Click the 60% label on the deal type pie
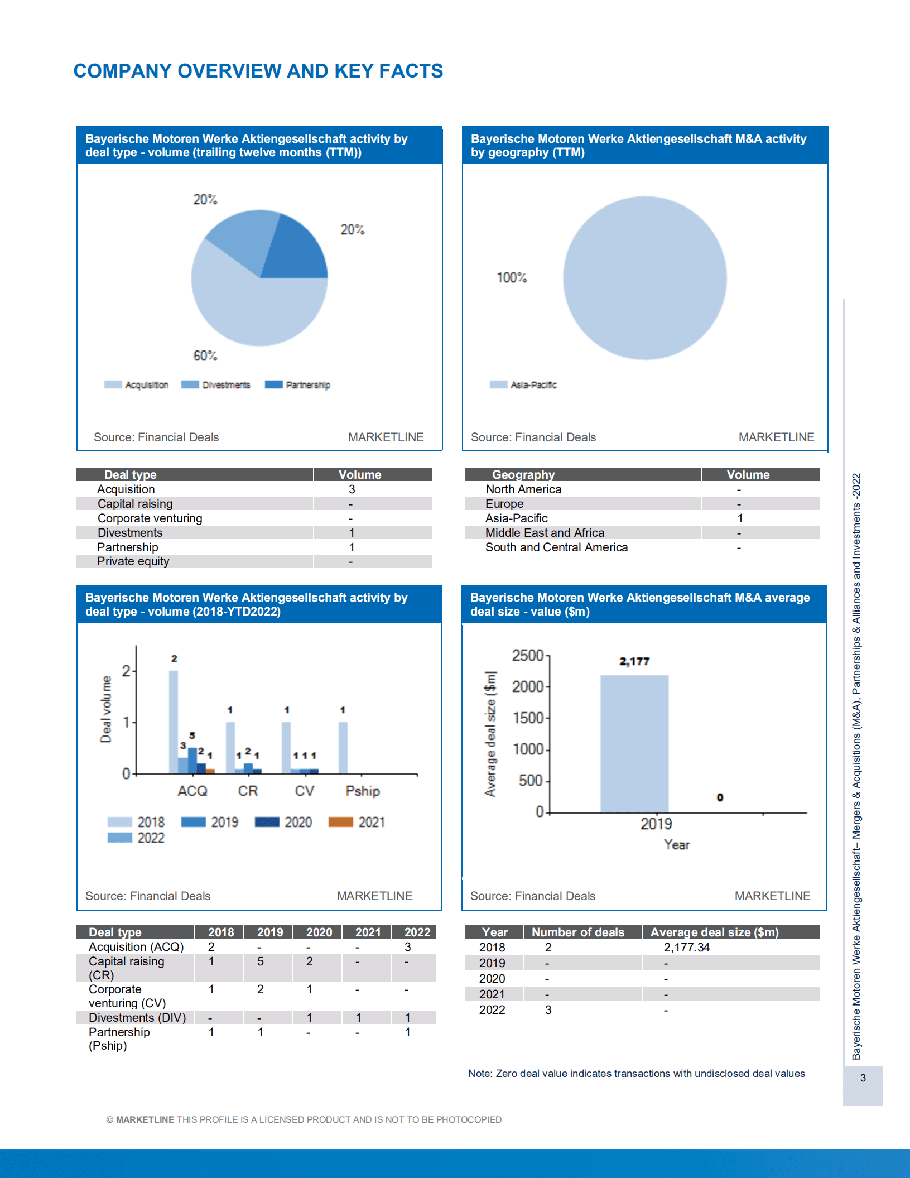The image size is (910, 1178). [205, 355]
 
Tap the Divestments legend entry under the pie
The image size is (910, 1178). [216, 385]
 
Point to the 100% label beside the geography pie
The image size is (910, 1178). [512, 277]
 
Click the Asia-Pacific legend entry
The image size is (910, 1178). [524, 385]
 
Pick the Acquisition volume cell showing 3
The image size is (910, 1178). [352, 489]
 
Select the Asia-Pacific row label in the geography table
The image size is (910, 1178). [516, 518]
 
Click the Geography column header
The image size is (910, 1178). [523, 475]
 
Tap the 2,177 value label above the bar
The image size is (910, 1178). [634, 661]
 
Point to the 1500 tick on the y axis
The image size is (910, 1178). [528, 718]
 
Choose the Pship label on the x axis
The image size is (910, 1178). [362, 791]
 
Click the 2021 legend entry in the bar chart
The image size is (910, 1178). [357, 822]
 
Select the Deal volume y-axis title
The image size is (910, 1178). [105, 709]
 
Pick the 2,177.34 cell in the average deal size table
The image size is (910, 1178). [686, 948]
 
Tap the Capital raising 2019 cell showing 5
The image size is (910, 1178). [260, 961]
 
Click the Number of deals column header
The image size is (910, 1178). [578, 932]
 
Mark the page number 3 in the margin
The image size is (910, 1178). [863, 1078]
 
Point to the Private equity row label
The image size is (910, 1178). [133, 561]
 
